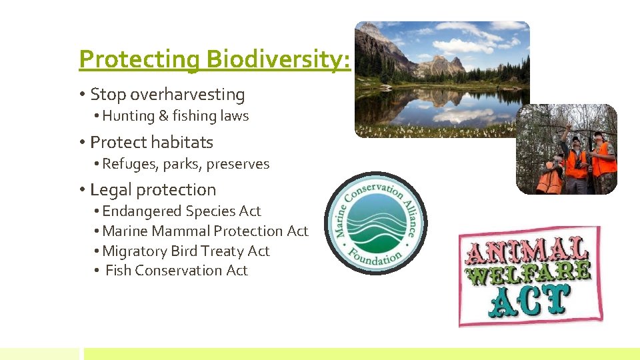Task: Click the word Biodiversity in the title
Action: (277, 59)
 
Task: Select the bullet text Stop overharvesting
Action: (167, 95)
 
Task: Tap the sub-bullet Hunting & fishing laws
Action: (175, 116)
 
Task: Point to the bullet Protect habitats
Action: (151, 142)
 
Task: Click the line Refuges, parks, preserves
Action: (185, 164)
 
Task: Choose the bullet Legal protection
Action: (153, 190)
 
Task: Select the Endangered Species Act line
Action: (181, 211)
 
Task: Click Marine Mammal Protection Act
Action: (205, 231)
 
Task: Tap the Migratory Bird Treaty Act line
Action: (185, 251)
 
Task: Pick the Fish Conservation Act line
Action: (176, 271)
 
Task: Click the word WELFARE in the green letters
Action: (529, 274)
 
